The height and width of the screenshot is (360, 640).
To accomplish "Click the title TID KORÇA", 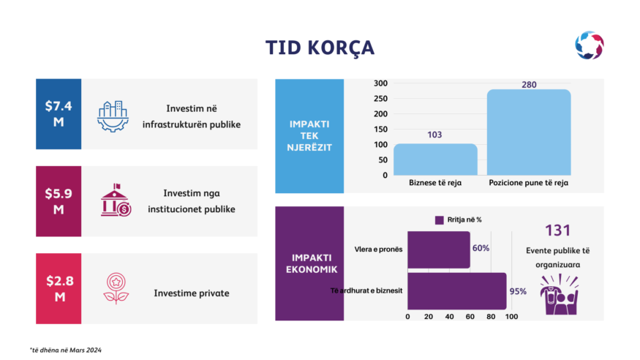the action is (320, 48).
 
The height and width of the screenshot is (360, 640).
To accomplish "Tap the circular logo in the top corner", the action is (590, 45).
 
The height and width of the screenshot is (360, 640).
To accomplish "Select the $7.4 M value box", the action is (59, 114).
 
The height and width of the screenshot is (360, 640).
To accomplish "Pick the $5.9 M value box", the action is (59, 201).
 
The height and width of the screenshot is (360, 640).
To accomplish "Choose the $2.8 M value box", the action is (59, 288).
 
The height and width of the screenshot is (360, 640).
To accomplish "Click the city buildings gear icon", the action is (113, 116).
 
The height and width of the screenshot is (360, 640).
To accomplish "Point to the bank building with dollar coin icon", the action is (116, 200).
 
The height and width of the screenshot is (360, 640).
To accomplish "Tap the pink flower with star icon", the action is (116, 288).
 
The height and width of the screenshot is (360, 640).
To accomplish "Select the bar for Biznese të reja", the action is (435, 160).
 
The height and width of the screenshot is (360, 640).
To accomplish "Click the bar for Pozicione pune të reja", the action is (529, 132).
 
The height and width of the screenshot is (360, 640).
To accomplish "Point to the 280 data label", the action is (529, 84).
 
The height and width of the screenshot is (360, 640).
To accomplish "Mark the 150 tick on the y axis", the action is (380, 129).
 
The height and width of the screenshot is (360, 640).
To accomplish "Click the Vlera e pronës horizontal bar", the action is (439, 250).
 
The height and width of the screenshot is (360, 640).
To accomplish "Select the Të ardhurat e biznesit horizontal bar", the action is (457, 291).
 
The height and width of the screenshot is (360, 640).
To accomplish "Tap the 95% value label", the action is (518, 291).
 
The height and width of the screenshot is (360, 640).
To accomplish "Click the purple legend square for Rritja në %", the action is (439, 220).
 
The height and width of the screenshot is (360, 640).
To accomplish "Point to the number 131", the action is (557, 230).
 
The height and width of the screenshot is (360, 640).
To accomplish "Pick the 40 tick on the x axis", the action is (449, 316).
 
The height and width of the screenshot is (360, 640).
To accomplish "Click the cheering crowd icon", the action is (559, 294).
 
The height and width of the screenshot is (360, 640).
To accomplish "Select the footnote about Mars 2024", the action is (66, 350).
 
